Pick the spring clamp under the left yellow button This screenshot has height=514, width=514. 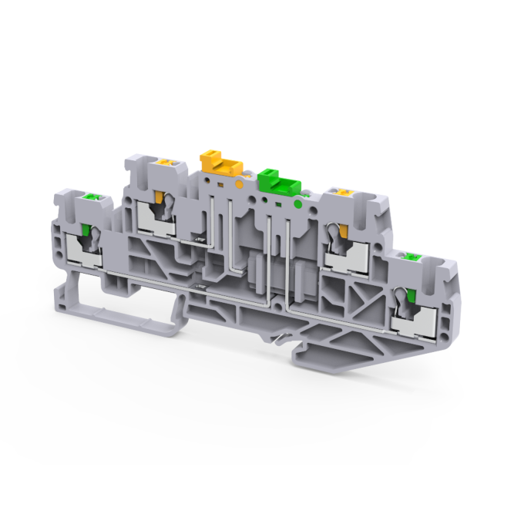click(x=160, y=216)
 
